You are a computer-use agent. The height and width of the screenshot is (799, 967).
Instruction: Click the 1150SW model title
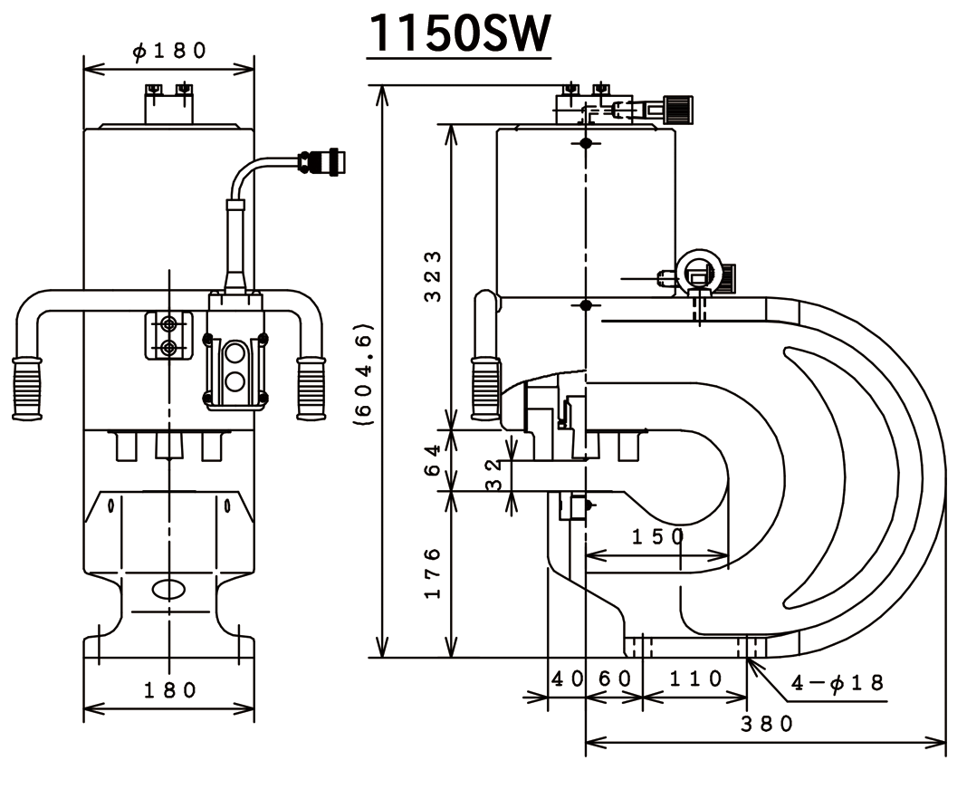coord(459,34)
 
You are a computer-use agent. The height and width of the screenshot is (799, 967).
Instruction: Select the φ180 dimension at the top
coord(169,52)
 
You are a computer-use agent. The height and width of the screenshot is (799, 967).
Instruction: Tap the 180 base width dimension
coord(170,690)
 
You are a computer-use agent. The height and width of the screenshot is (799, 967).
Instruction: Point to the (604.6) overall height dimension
coord(363,371)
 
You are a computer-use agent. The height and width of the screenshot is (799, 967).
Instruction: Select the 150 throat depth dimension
coord(657,535)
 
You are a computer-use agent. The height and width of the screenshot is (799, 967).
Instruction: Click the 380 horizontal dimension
coord(767,724)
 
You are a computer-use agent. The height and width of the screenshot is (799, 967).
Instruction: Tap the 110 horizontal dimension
coord(694,678)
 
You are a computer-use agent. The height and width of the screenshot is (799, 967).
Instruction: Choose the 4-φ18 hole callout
coord(838,682)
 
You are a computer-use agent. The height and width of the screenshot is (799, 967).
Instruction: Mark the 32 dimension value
coord(493,476)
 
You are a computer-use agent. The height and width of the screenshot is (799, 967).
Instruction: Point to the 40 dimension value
coord(567,678)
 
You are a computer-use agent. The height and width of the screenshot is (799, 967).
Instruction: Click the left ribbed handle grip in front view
coord(27,388)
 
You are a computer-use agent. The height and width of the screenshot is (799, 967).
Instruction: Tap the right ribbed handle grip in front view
coord(311,388)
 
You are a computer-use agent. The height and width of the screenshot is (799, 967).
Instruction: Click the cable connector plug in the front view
coord(324,161)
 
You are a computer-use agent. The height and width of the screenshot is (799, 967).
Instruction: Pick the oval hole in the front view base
coord(168,589)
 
